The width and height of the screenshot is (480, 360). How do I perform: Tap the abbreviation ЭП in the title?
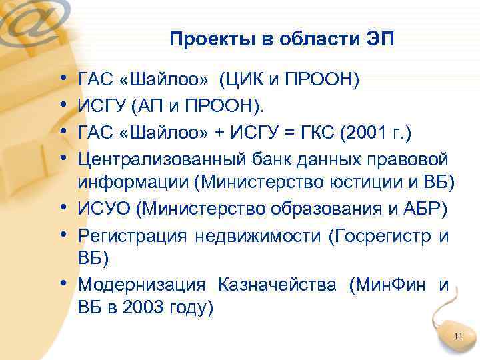[x=380, y=39]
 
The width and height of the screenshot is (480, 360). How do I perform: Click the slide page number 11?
[x=457, y=336]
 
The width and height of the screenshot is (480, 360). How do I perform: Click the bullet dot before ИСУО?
[x=69, y=208]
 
